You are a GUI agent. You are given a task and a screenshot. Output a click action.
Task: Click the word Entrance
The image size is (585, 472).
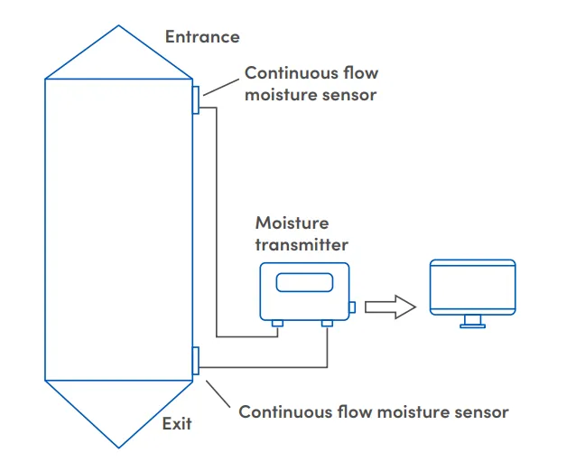(x=202, y=37)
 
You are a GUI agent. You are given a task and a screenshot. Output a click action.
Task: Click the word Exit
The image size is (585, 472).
(x=177, y=423)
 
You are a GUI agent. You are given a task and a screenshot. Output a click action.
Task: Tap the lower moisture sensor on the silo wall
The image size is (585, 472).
(x=196, y=359)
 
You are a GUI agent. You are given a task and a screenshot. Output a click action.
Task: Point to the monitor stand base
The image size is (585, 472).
(x=472, y=325)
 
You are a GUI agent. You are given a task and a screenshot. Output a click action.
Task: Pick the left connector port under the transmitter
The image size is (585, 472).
(x=277, y=322)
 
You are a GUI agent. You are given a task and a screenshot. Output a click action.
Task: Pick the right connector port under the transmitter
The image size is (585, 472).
(x=327, y=322)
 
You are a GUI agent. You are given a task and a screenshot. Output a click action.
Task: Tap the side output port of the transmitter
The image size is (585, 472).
(x=352, y=307)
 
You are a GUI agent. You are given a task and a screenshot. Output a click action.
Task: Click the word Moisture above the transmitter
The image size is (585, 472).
(x=292, y=222)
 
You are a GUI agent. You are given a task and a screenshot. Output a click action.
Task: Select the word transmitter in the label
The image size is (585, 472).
(x=301, y=244)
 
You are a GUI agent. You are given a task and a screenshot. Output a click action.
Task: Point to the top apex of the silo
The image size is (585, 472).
(x=118, y=26)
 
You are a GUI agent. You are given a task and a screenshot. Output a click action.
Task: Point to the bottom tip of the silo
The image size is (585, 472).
(x=118, y=447)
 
